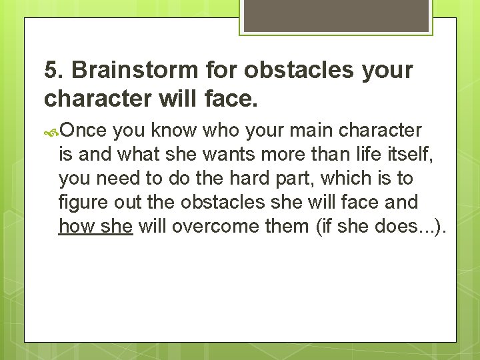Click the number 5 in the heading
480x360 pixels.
51,70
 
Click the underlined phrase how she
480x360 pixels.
96,227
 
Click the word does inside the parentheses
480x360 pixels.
395,227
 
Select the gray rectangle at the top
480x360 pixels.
335,16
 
